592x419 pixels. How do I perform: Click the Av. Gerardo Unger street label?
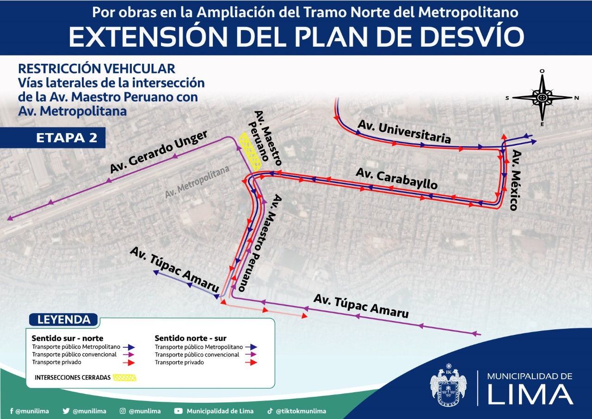click(x=159, y=152)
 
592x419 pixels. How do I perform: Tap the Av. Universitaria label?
click(x=404, y=131)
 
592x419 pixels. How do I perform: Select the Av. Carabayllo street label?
click(x=396, y=178)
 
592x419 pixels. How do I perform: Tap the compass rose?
click(x=542, y=98)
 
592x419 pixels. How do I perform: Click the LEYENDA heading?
click(x=63, y=320)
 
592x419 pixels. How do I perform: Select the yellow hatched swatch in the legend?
click(x=125, y=377)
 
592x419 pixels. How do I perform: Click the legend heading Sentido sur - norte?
click(x=68, y=338)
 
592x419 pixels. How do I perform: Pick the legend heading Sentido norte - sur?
click(x=191, y=338)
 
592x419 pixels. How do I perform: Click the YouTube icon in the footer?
click(x=179, y=411)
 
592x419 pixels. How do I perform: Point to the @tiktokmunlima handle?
click(x=301, y=411)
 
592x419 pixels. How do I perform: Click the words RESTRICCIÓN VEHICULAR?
click(x=97, y=68)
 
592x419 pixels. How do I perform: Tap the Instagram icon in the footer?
click(x=123, y=411)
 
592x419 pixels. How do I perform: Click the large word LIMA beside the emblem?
click(x=530, y=394)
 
